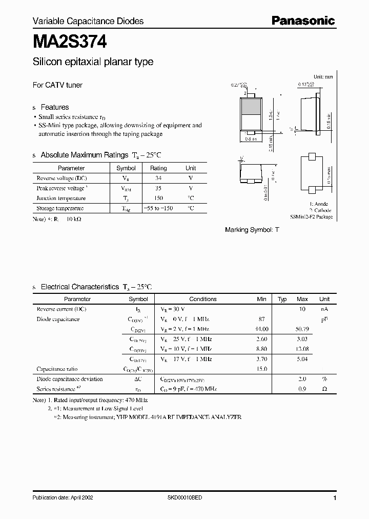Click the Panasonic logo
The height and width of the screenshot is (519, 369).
click(x=302, y=21)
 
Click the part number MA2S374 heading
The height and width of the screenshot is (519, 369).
click(x=70, y=41)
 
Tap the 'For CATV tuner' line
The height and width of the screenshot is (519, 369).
click(x=57, y=85)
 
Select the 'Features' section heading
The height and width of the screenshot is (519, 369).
click(x=54, y=107)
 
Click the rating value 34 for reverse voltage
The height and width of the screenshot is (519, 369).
click(x=158, y=178)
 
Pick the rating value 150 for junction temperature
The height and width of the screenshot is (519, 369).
click(x=158, y=198)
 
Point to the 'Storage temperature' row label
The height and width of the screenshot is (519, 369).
click(x=60, y=208)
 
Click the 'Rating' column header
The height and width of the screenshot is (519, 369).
click(x=158, y=168)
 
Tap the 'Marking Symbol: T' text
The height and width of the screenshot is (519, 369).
click(x=252, y=230)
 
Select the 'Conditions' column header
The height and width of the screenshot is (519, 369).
click(x=203, y=299)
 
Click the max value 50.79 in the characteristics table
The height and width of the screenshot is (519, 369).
click(x=302, y=329)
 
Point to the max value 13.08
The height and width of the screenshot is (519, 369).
click(x=302, y=349)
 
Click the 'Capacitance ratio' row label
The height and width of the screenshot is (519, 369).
click(x=57, y=369)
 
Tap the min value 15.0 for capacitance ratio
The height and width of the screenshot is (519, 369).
click(x=261, y=369)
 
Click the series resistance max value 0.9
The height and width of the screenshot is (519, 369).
click(x=302, y=389)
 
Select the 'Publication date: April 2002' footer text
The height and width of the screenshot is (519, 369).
click(x=63, y=498)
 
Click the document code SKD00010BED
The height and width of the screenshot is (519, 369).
click(x=184, y=498)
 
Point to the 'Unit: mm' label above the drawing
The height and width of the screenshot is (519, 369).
click(x=323, y=76)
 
